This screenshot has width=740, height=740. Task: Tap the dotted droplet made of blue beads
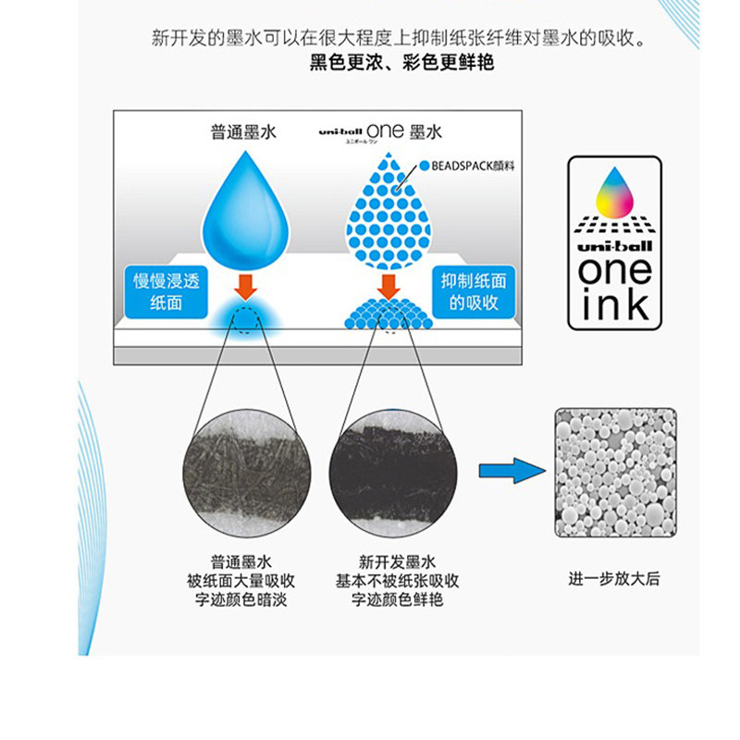[x=388, y=213]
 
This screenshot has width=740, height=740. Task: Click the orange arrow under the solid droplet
[x=245, y=287]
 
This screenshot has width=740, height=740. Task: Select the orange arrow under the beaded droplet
[x=388, y=287]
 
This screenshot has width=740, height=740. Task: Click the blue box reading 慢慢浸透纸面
[x=166, y=292]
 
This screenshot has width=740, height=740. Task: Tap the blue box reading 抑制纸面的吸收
[x=474, y=292]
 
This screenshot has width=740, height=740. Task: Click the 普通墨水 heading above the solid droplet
[x=243, y=132]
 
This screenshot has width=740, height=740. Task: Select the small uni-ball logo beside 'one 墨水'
[x=340, y=132]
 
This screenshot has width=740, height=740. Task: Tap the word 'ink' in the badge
[x=615, y=305]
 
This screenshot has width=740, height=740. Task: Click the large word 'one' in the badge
[x=615, y=271]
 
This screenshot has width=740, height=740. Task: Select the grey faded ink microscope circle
[x=247, y=473]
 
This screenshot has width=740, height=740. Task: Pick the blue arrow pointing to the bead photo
[x=512, y=471]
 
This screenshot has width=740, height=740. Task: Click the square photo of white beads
[x=615, y=473]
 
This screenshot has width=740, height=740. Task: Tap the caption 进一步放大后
[x=614, y=579]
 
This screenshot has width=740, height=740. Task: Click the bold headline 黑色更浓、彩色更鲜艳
[x=401, y=62]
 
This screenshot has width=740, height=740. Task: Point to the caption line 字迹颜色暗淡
[x=241, y=599]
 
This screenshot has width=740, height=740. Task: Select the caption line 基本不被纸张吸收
[x=397, y=581]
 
